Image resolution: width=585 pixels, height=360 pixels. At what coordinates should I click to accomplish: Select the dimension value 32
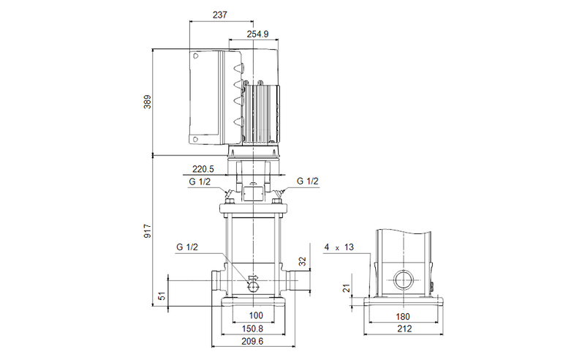(303, 262)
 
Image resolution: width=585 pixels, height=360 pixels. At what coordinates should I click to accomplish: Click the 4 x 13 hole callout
(339, 248)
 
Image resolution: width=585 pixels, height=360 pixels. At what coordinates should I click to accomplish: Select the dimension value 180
(403, 316)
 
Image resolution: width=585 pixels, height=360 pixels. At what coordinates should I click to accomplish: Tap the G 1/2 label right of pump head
(307, 181)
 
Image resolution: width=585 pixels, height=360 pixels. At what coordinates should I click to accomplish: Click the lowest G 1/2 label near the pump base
(187, 248)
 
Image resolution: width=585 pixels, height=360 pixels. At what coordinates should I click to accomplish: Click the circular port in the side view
(403, 281)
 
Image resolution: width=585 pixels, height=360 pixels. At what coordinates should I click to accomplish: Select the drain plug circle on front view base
(253, 285)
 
